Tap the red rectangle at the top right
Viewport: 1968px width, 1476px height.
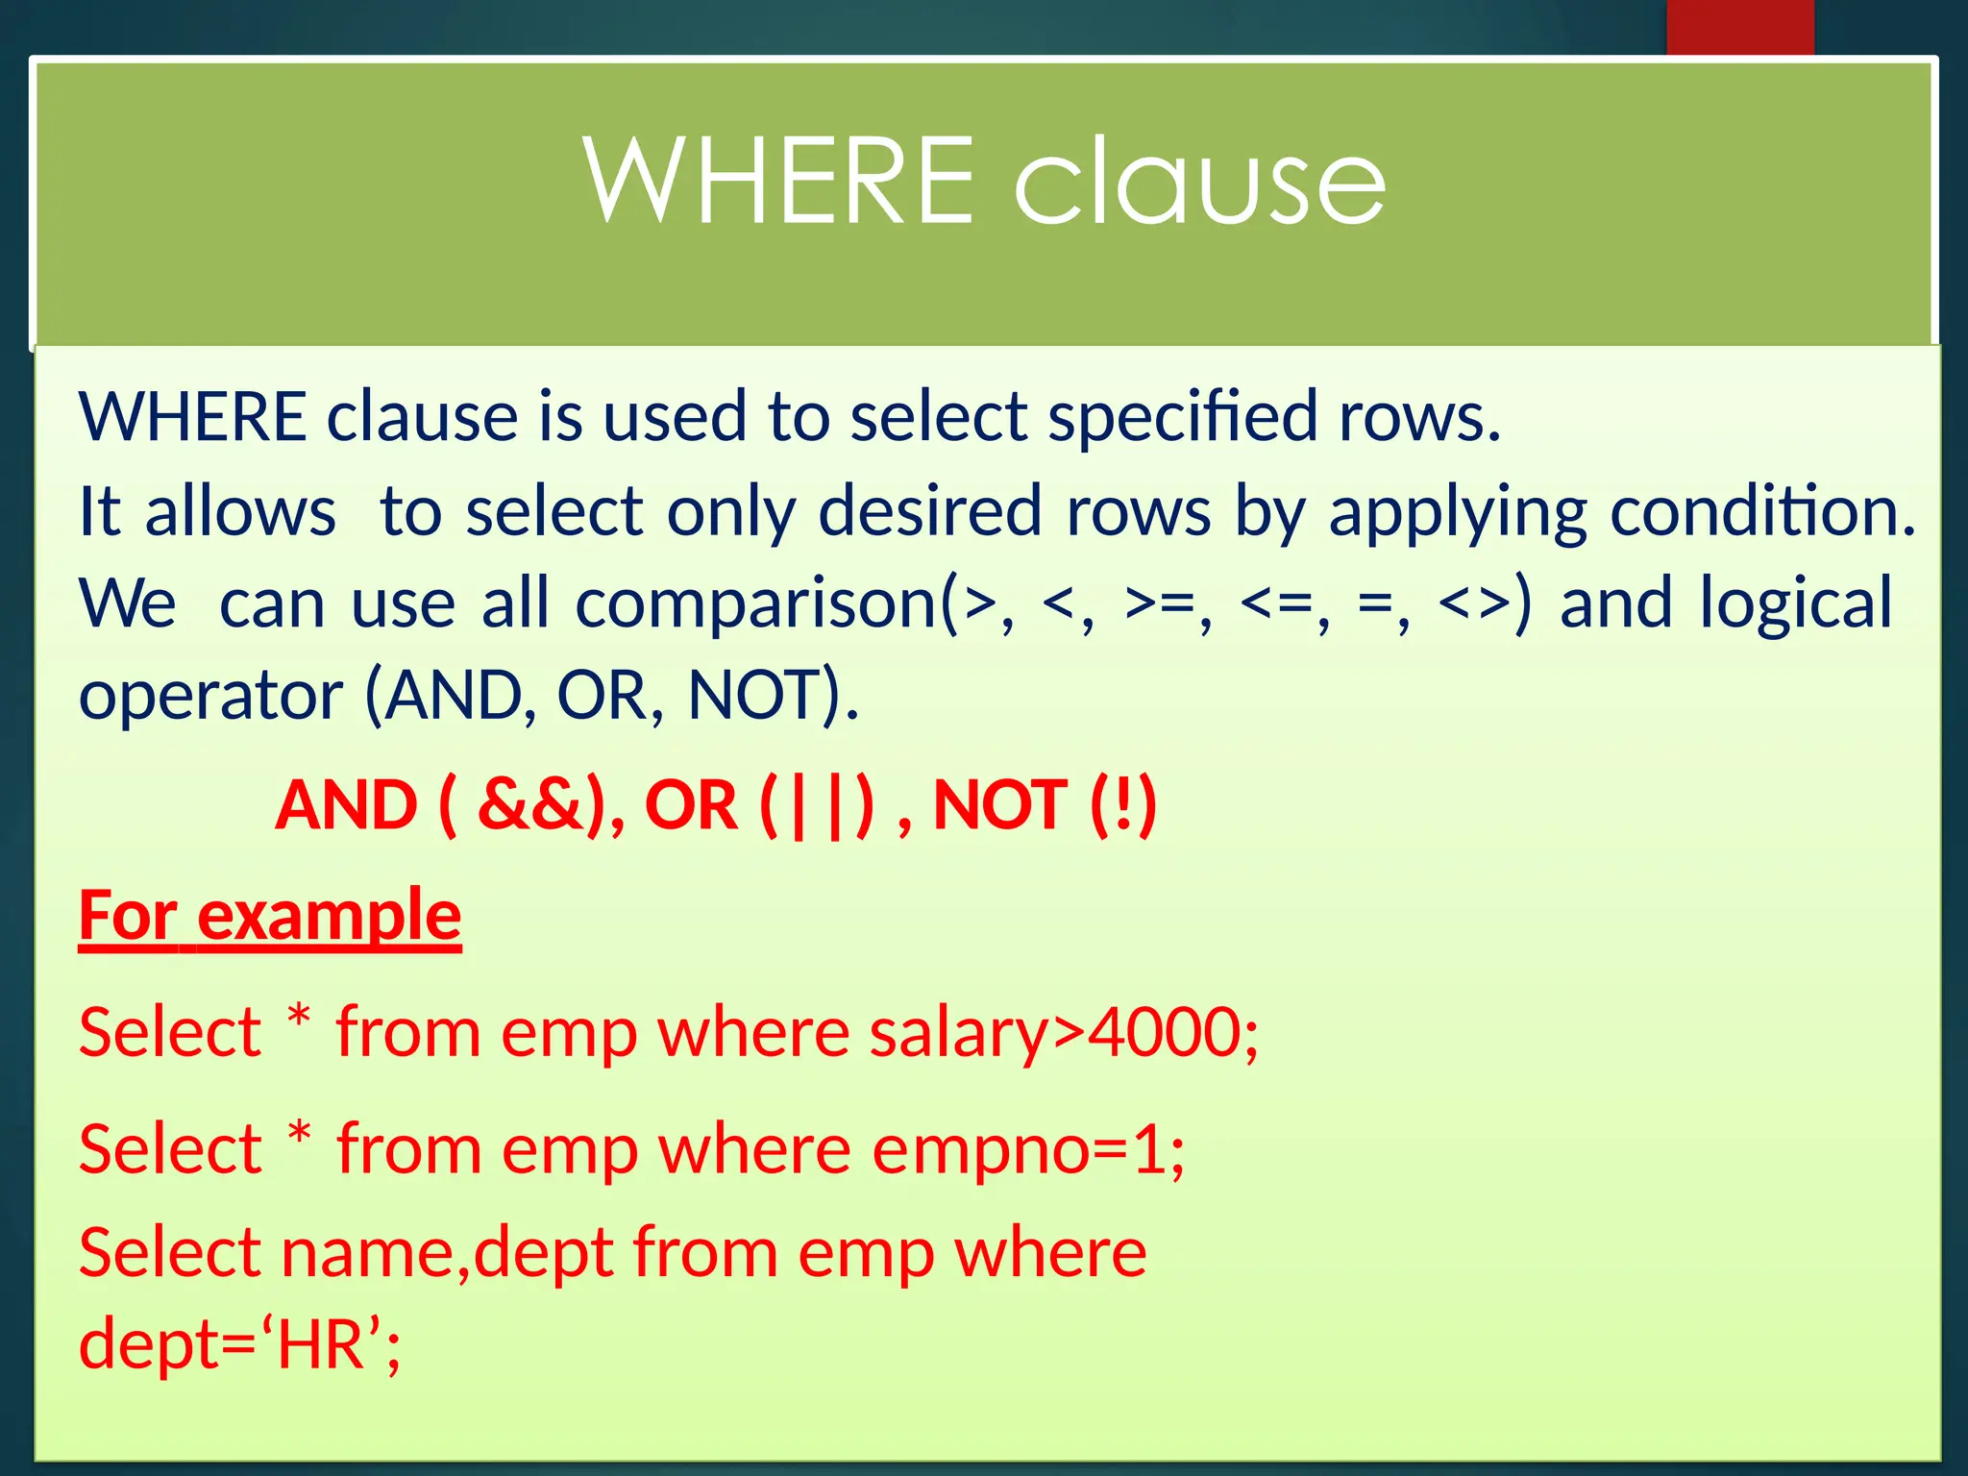tap(1739, 27)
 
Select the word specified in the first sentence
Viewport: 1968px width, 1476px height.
tap(1182, 419)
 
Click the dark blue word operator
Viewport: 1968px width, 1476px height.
tap(210, 696)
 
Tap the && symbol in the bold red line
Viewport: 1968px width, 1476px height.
tap(530, 805)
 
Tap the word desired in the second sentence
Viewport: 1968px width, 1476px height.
tap(929, 512)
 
